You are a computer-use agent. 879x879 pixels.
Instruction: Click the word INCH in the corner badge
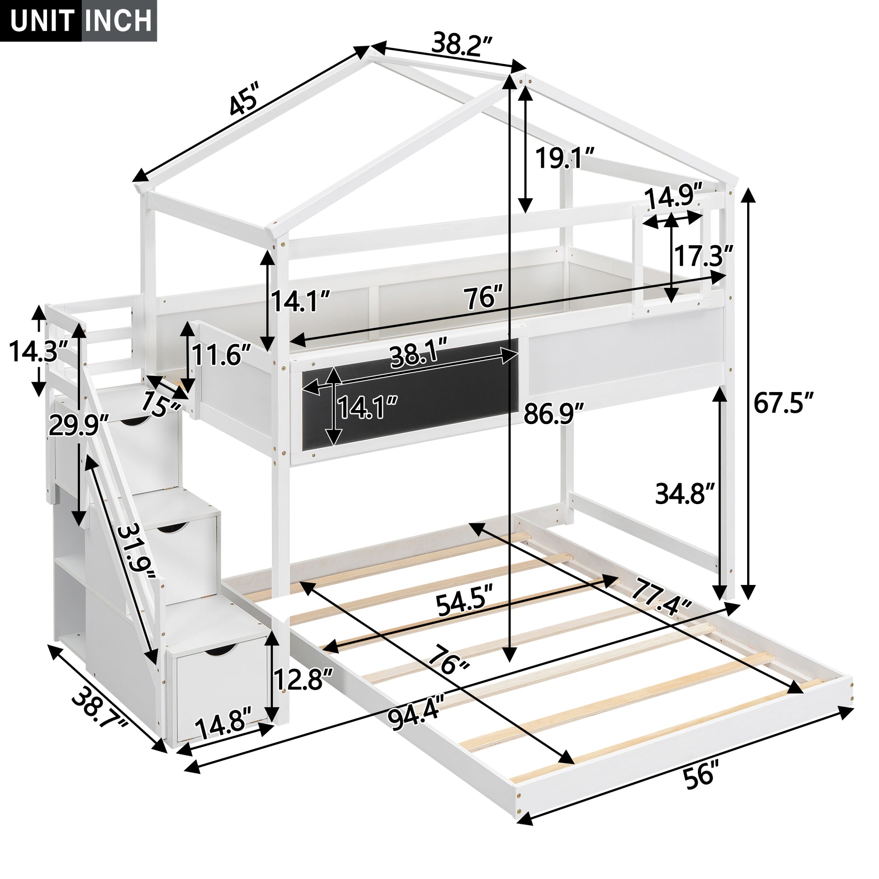[119, 20]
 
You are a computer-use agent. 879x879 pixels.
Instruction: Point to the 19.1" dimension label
[564, 158]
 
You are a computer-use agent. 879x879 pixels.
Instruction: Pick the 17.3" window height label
[703, 257]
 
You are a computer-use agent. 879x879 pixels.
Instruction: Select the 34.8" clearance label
[685, 494]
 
